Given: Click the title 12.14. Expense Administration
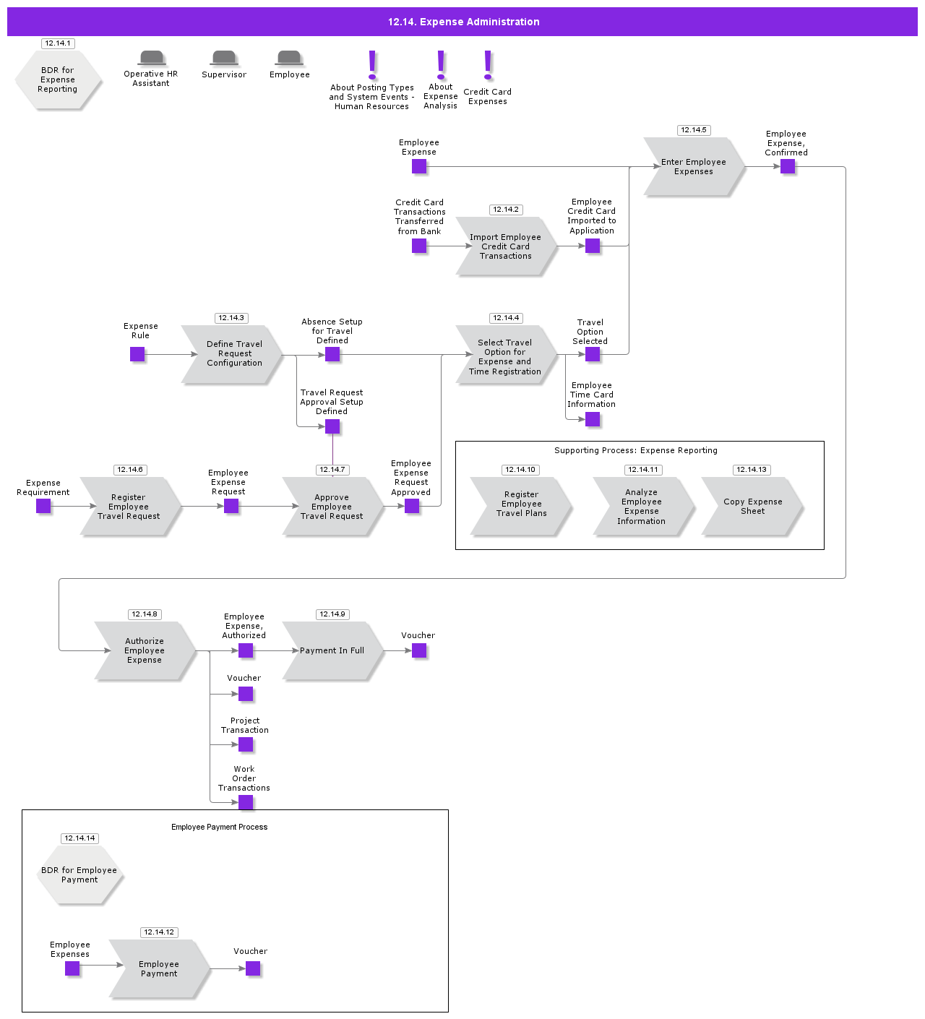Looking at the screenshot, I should pyautogui.click(x=463, y=22).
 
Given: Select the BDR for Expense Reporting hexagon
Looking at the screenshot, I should pyautogui.click(x=58, y=80).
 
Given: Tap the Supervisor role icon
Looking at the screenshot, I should pyautogui.click(x=224, y=58).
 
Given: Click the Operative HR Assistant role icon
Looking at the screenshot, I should pyautogui.click(x=152, y=58).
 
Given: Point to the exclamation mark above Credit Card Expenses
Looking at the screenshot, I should pyautogui.click(x=488, y=65).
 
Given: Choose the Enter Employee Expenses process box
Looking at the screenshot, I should pyautogui.click(x=693, y=167).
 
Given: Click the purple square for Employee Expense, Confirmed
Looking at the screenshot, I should pyautogui.click(x=788, y=167).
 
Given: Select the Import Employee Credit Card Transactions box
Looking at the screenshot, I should pyautogui.click(x=505, y=246).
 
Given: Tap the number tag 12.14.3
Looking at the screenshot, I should pyautogui.click(x=231, y=318).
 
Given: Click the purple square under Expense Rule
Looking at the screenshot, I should pyautogui.click(x=137, y=354).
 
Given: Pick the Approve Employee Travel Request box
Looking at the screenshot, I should pyautogui.click(x=332, y=507).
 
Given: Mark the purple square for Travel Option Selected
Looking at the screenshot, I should pyautogui.click(x=593, y=354).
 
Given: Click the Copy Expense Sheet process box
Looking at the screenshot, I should pyautogui.click(x=752, y=507).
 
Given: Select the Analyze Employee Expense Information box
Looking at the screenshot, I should pyautogui.click(x=641, y=507).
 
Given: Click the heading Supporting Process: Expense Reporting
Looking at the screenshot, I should pyautogui.click(x=636, y=450).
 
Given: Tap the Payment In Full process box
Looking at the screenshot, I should pyautogui.click(x=332, y=650).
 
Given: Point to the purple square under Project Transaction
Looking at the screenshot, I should pyautogui.click(x=246, y=744).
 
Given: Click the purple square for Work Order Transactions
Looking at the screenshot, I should pyautogui.click(x=246, y=802).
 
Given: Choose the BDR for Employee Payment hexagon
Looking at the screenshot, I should pyautogui.click(x=79, y=875).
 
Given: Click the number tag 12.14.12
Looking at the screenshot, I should pyautogui.click(x=159, y=932).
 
